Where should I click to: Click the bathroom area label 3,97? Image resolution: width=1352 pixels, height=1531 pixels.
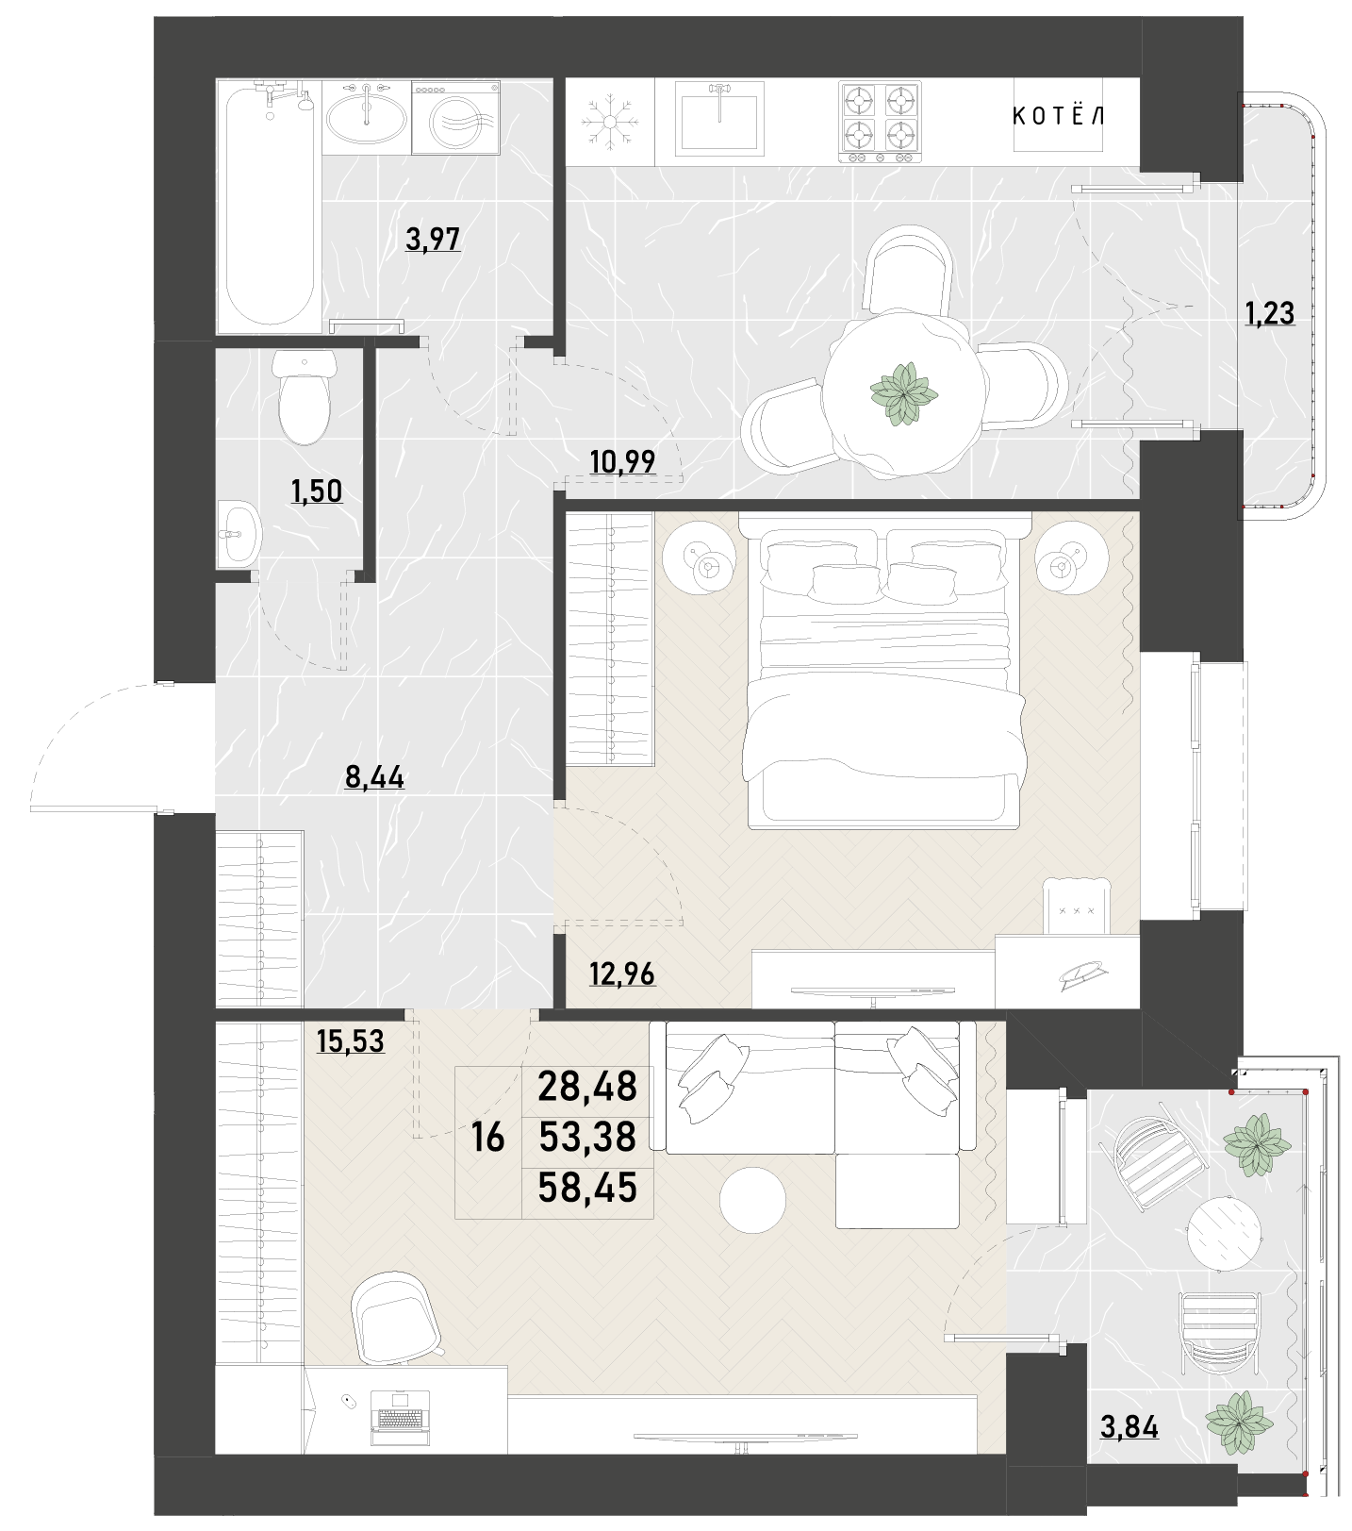(x=433, y=240)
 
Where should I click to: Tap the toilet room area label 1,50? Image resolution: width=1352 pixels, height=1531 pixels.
(x=317, y=491)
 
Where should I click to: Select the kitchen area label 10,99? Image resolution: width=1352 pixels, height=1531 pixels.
(x=622, y=462)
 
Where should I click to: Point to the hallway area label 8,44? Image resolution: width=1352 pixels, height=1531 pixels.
(x=374, y=777)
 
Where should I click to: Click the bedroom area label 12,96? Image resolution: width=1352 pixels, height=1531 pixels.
(x=622, y=974)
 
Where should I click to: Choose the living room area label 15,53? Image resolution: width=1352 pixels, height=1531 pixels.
(x=351, y=1041)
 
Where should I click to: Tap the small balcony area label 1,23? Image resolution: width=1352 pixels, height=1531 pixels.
(x=1270, y=313)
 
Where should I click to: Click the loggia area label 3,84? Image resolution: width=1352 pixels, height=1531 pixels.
(x=1129, y=1426)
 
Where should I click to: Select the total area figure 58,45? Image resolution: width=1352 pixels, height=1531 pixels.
(x=587, y=1188)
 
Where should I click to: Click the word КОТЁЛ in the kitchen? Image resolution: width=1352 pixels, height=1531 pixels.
(x=1058, y=116)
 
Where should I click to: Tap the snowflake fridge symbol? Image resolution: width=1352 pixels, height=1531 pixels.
(x=609, y=121)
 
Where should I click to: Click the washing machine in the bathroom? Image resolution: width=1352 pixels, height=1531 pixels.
(x=456, y=118)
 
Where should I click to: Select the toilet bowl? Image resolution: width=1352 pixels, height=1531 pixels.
(x=305, y=396)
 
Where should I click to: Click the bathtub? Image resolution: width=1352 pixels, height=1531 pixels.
(x=270, y=207)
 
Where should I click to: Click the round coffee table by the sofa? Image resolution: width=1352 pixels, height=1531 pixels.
(x=752, y=1200)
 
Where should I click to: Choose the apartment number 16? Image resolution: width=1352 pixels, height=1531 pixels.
(x=487, y=1139)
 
